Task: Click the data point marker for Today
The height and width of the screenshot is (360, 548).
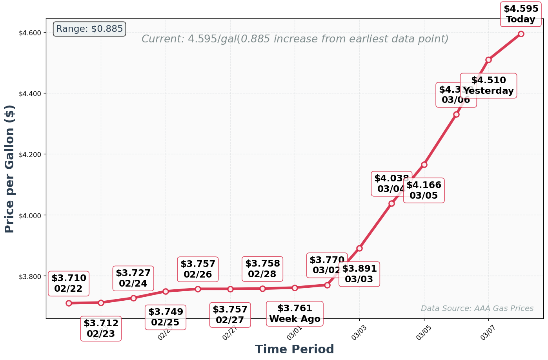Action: [521, 34]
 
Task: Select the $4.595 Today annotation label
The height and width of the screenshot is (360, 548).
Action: [521, 14]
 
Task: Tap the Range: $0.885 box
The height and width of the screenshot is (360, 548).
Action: [89, 29]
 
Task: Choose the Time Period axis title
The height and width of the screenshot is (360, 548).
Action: [294, 349]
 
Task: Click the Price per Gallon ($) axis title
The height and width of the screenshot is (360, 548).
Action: [10, 169]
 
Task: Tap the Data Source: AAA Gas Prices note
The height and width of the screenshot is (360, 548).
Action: [477, 309]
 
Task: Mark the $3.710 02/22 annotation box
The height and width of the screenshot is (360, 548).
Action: [69, 283]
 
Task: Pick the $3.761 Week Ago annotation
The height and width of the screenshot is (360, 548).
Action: [295, 313]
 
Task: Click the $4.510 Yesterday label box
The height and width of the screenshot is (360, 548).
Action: [488, 86]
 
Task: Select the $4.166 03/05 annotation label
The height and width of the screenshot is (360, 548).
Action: [424, 190]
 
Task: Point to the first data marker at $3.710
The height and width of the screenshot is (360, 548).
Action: [69, 303]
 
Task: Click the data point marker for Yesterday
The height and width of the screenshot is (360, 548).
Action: [488, 60]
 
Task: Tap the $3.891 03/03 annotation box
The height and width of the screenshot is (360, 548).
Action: [359, 274]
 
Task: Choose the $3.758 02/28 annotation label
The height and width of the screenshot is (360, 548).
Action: [262, 269]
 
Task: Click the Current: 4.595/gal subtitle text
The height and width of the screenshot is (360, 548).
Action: [295, 39]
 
